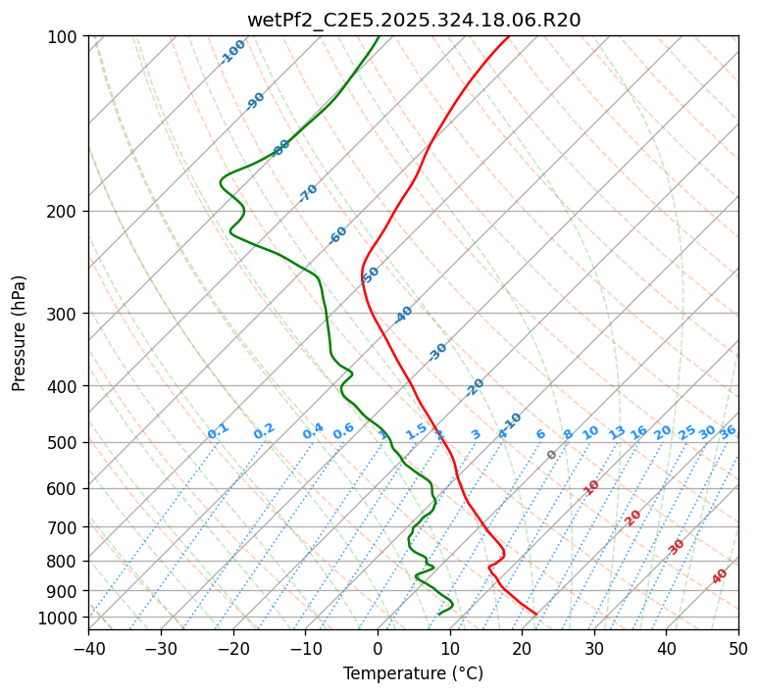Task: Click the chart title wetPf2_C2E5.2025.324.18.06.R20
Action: [x=413, y=20]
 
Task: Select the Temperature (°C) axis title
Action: [x=413, y=673]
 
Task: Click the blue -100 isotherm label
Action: [x=232, y=52]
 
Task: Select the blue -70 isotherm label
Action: [x=308, y=193]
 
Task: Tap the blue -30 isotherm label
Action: [x=437, y=352]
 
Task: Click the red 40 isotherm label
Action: [x=720, y=576]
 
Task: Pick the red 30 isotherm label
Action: [x=677, y=547]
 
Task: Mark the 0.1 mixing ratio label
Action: [x=218, y=431]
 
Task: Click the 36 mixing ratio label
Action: [x=728, y=431]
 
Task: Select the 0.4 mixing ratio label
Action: [x=313, y=431]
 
